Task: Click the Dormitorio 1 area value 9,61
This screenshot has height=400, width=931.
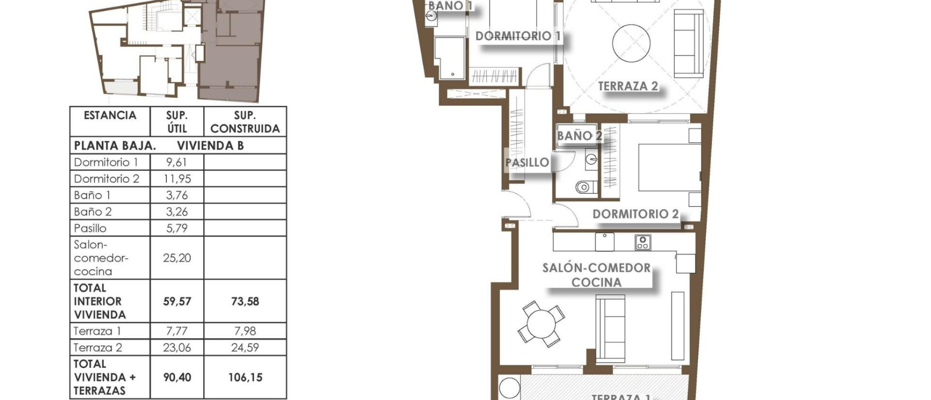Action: click(176, 162)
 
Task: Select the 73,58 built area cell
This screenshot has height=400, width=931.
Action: click(245, 301)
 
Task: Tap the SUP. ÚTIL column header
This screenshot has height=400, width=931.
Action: click(176, 122)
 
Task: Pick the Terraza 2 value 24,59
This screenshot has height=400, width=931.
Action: click(245, 348)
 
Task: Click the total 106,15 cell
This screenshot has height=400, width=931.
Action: click(245, 377)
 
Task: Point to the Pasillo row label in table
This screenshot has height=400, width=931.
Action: click(90, 228)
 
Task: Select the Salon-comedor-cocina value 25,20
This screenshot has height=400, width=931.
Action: click(176, 258)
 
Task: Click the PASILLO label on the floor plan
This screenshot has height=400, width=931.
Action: click(527, 162)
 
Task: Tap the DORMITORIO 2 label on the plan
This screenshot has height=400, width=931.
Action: click(635, 214)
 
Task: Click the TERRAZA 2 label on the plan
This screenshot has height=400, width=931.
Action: click(628, 86)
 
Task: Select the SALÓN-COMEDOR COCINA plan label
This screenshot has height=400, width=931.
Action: click(596, 275)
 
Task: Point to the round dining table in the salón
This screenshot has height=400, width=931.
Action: click(541, 325)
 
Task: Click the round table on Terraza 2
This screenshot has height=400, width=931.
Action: click(631, 44)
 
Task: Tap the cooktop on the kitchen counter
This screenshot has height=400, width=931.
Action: click(642, 242)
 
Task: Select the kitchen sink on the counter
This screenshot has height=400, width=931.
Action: click(605, 241)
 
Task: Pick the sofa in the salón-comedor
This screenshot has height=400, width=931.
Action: click(610, 327)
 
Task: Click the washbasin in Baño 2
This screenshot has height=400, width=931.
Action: click(591, 159)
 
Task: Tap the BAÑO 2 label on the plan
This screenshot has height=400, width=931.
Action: click(579, 135)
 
